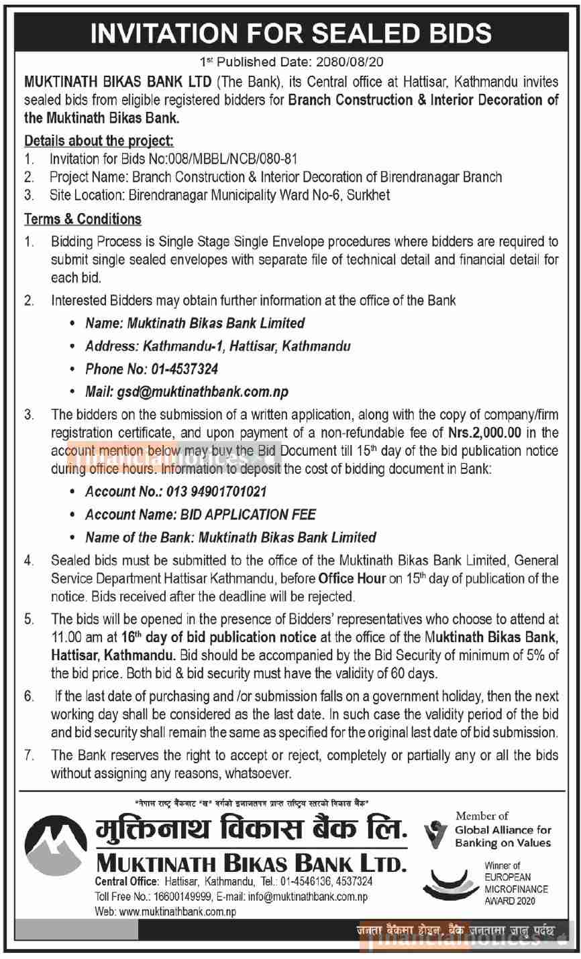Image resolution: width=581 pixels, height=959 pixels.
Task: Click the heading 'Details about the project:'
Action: click(x=99, y=141)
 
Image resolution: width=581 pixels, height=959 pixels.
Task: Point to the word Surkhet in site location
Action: click(x=369, y=195)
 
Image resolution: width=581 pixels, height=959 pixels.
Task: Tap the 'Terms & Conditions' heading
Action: click(x=83, y=219)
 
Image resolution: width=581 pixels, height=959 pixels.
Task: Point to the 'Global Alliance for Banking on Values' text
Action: click(x=503, y=836)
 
